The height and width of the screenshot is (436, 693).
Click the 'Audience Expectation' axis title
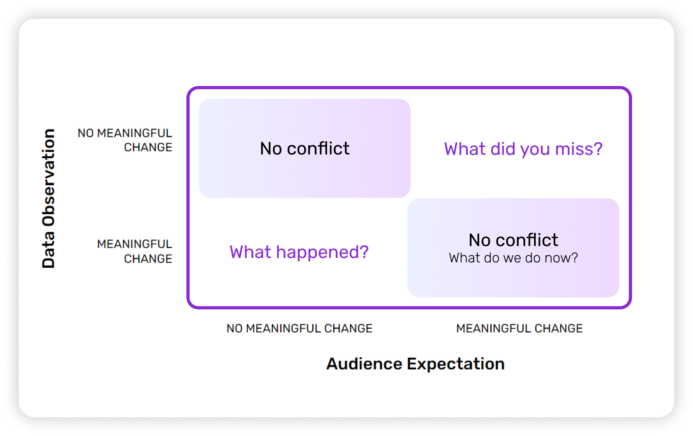pos(415,364)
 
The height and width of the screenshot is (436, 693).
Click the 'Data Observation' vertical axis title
pos(49,198)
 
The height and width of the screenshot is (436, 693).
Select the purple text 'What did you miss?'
pos(523,149)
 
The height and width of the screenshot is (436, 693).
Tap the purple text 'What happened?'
pos(299,252)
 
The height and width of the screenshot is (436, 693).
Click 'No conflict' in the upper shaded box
pos(305,149)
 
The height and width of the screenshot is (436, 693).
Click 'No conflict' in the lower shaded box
pos(513,240)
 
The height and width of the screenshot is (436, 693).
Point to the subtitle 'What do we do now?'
pos(513,258)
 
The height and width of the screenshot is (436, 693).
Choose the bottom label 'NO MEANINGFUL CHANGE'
pos(299,328)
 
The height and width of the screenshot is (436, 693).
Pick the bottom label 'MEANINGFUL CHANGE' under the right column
pos(519,328)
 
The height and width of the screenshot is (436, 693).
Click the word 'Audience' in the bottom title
pos(364,364)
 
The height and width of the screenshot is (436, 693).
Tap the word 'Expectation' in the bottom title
pos(456,364)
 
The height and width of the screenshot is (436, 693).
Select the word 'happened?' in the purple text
pos(322,252)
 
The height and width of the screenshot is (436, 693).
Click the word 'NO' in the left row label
pos(86,133)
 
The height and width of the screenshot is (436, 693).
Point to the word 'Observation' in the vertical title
pos(49,178)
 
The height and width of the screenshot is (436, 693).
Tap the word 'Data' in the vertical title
pos(49,250)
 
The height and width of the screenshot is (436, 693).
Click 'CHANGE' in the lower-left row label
pos(148,259)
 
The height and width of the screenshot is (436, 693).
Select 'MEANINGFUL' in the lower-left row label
pos(135,244)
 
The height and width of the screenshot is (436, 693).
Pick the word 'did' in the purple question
pos(503,149)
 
